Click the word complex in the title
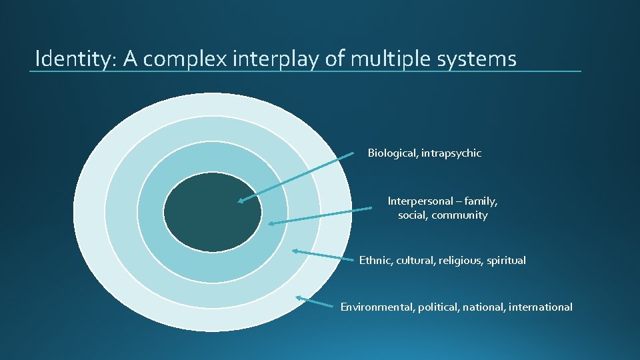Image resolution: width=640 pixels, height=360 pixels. click(x=186, y=59)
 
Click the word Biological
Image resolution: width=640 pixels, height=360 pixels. click(x=392, y=153)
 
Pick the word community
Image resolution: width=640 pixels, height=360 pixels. click(x=461, y=215)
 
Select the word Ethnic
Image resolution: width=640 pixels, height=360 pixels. click(x=375, y=261)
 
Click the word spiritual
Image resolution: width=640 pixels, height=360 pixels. click(x=506, y=261)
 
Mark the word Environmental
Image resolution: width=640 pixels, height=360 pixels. click(x=377, y=307)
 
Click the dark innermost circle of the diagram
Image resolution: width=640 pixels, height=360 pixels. click(x=213, y=211)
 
